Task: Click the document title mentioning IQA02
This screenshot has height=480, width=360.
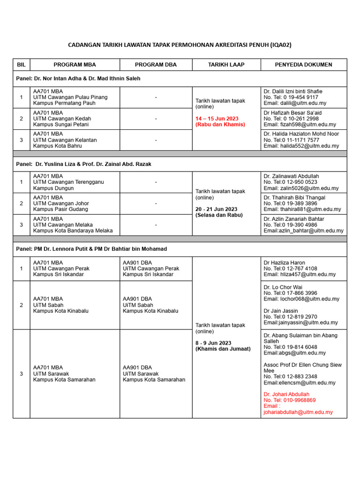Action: click(180, 45)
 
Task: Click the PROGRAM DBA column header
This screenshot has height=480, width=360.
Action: click(156, 65)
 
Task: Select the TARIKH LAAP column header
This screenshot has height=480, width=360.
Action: click(226, 65)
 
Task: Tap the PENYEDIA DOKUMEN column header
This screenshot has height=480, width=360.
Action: click(303, 65)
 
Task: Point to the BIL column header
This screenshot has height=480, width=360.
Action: click(21, 65)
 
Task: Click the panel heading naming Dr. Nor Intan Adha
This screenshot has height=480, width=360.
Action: click(78, 78)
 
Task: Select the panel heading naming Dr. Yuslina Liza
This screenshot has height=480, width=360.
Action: click(84, 164)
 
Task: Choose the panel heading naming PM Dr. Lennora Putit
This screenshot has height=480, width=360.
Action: click(91, 249)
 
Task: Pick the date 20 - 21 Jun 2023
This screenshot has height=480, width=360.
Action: click(216, 209)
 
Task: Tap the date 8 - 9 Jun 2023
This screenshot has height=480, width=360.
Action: click(213, 343)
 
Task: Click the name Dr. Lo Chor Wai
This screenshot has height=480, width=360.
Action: click(283, 287)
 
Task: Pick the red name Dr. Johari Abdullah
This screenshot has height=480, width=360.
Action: click(286, 394)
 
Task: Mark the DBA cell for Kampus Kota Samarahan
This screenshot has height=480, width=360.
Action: click(154, 374)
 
